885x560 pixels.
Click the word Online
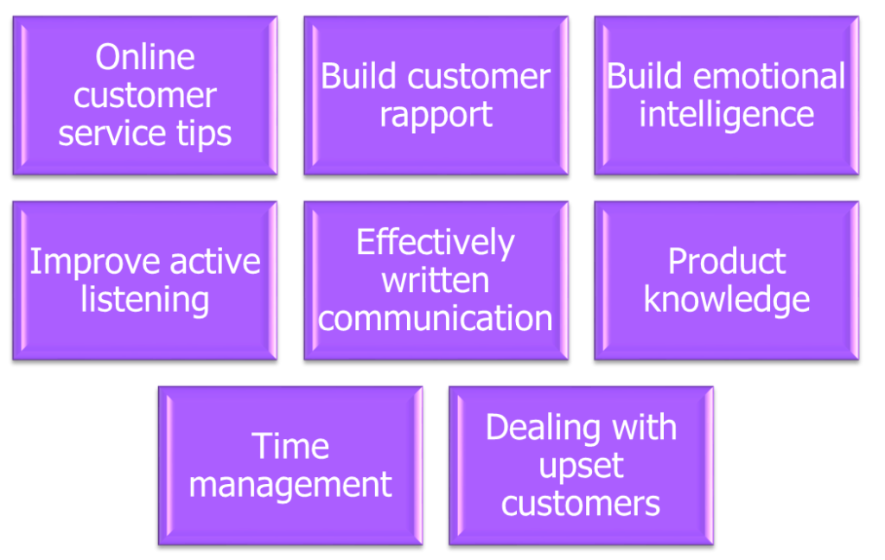coord(144,58)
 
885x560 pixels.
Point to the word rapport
coord(436,115)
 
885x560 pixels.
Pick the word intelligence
coord(726,115)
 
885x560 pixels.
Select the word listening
coord(144,300)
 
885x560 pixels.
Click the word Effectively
coord(436,243)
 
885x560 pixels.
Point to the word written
coord(436,280)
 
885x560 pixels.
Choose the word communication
coord(436,318)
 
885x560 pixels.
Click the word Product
coord(726,262)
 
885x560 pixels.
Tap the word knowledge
coord(726,300)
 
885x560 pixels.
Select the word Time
coord(290,447)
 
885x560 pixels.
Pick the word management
coord(290,484)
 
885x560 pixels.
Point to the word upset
coord(581,466)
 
